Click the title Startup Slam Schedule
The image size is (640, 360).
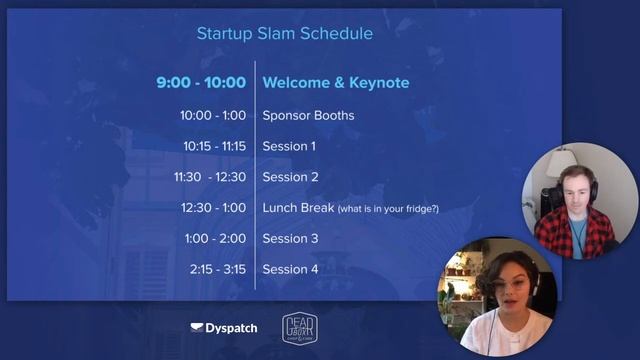pos(284,33)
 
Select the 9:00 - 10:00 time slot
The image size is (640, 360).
pos(200,83)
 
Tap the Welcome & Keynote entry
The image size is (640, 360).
pos(335,83)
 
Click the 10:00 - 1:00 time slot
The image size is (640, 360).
pos(212,115)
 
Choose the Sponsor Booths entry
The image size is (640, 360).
pos(308,115)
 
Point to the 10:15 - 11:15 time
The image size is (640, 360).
pos(213,146)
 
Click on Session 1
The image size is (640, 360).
pos(289,146)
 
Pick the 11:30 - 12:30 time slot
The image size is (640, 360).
pos(209,177)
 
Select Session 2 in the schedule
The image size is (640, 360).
pos(290,177)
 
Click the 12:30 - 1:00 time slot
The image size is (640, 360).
pos(212,208)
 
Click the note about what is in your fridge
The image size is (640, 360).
pos(388,208)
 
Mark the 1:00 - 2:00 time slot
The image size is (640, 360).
pos(215,239)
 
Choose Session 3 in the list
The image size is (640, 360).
pos(290,239)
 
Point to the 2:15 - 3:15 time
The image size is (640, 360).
pos(217,270)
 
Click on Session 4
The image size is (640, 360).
pos(290,270)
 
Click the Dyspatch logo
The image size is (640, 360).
pos(223,328)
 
